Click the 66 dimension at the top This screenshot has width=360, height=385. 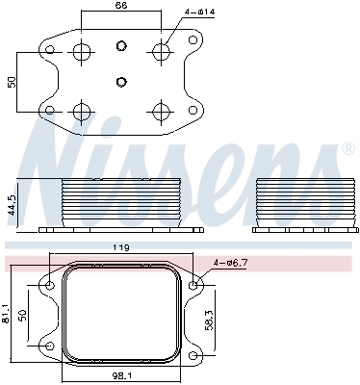coord(120,7)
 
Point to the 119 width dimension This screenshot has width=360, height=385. coord(121,247)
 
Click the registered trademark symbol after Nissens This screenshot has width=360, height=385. coord(347,149)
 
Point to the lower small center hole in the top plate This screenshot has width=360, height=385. coord(120,82)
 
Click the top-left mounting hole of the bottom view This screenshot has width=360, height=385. coord(49,285)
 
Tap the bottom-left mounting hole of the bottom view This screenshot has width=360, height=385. coord(49,345)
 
